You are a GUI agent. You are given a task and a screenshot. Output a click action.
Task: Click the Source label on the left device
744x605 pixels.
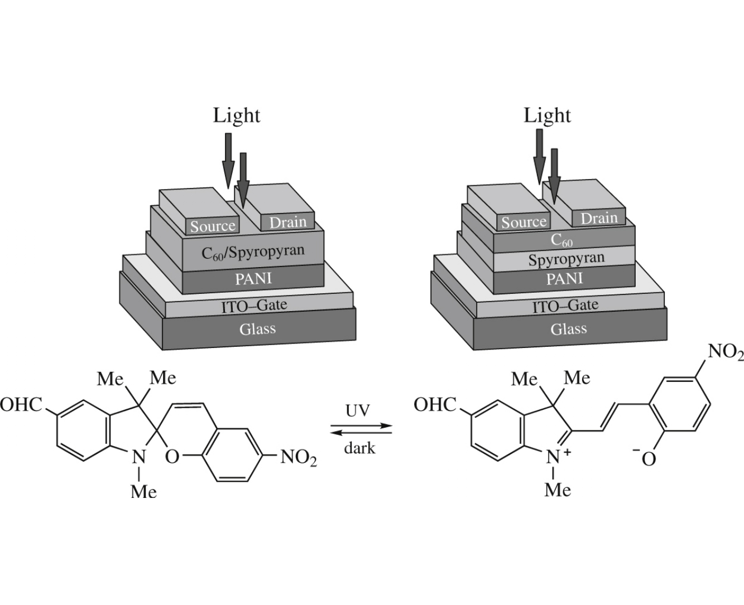(213, 226)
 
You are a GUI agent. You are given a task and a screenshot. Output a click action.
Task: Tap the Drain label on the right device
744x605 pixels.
(599, 218)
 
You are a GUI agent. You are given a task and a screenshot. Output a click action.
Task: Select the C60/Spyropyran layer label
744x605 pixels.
(253, 252)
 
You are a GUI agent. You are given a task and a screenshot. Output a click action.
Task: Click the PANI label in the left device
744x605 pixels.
(253, 278)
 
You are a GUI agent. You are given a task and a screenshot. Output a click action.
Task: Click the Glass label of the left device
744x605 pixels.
(257, 328)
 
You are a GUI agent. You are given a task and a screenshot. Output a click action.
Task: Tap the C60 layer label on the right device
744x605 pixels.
(561, 240)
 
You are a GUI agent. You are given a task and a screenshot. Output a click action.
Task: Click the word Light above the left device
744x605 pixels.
(237, 115)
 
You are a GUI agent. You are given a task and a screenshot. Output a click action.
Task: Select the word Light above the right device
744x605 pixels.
(547, 115)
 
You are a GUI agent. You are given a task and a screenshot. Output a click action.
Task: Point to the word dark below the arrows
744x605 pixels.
(359, 448)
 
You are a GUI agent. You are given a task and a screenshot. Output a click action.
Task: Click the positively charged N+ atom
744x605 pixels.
(554, 457)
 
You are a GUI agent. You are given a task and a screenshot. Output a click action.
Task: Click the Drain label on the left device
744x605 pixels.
(287, 222)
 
